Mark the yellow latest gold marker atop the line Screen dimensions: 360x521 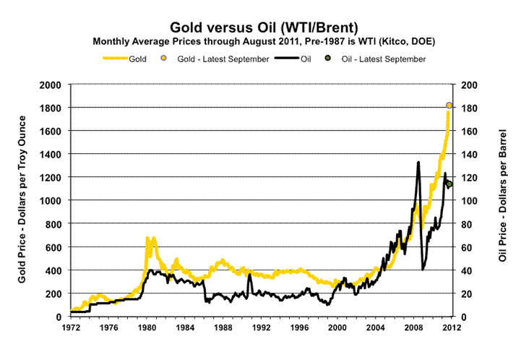[449, 106]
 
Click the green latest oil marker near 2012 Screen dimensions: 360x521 [449, 184]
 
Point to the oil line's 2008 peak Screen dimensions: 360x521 [418, 162]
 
